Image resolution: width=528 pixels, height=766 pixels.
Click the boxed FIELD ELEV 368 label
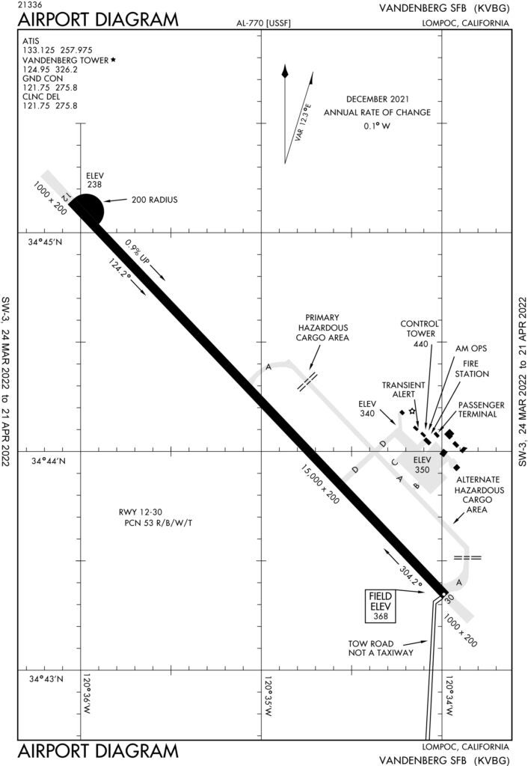(x=381, y=606)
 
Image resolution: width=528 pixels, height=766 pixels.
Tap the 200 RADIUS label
(x=154, y=200)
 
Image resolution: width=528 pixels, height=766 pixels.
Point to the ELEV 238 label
(x=95, y=180)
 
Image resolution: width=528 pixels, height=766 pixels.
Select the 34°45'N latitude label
(x=45, y=242)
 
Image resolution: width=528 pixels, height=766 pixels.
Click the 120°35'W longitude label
(x=268, y=696)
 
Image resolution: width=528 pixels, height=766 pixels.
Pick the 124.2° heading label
(x=120, y=269)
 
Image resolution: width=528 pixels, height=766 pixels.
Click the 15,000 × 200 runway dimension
(x=320, y=484)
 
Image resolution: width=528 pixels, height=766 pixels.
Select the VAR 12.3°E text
(x=303, y=122)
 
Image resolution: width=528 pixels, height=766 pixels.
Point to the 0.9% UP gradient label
(x=138, y=251)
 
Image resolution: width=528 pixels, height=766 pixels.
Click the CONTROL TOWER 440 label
(x=420, y=334)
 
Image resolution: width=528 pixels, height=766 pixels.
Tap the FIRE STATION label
(x=472, y=369)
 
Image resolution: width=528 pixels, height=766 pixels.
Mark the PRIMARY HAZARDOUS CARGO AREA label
(x=322, y=328)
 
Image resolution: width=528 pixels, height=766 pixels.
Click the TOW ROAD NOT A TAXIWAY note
(x=381, y=648)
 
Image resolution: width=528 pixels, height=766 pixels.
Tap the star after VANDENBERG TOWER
(x=114, y=60)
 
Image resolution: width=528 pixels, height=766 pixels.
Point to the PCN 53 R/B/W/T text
(x=159, y=523)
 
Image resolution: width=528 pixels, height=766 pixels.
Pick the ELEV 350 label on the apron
(x=422, y=465)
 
